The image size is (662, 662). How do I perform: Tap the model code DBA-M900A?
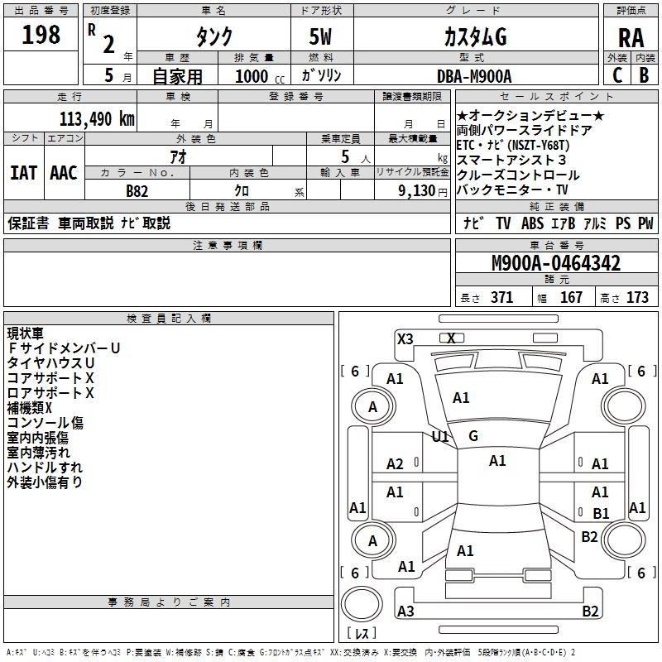(x=474, y=76)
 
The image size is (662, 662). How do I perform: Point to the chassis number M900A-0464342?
(x=555, y=264)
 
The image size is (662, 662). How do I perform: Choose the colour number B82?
(x=137, y=191)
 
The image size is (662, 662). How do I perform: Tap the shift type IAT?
(x=24, y=173)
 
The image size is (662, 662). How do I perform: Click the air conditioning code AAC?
(x=64, y=173)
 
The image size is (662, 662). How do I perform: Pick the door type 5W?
(x=322, y=38)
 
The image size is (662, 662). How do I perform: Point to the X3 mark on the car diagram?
(x=405, y=338)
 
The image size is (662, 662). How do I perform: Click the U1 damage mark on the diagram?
(x=440, y=436)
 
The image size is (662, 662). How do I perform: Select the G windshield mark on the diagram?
(x=473, y=436)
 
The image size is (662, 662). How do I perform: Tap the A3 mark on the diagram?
(x=405, y=612)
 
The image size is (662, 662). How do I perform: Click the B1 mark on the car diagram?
(x=601, y=513)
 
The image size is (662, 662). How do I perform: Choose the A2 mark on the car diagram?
(x=396, y=464)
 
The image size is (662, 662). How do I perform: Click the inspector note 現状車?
(x=26, y=333)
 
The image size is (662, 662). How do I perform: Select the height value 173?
(x=638, y=298)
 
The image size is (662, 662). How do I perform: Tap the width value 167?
(x=572, y=298)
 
